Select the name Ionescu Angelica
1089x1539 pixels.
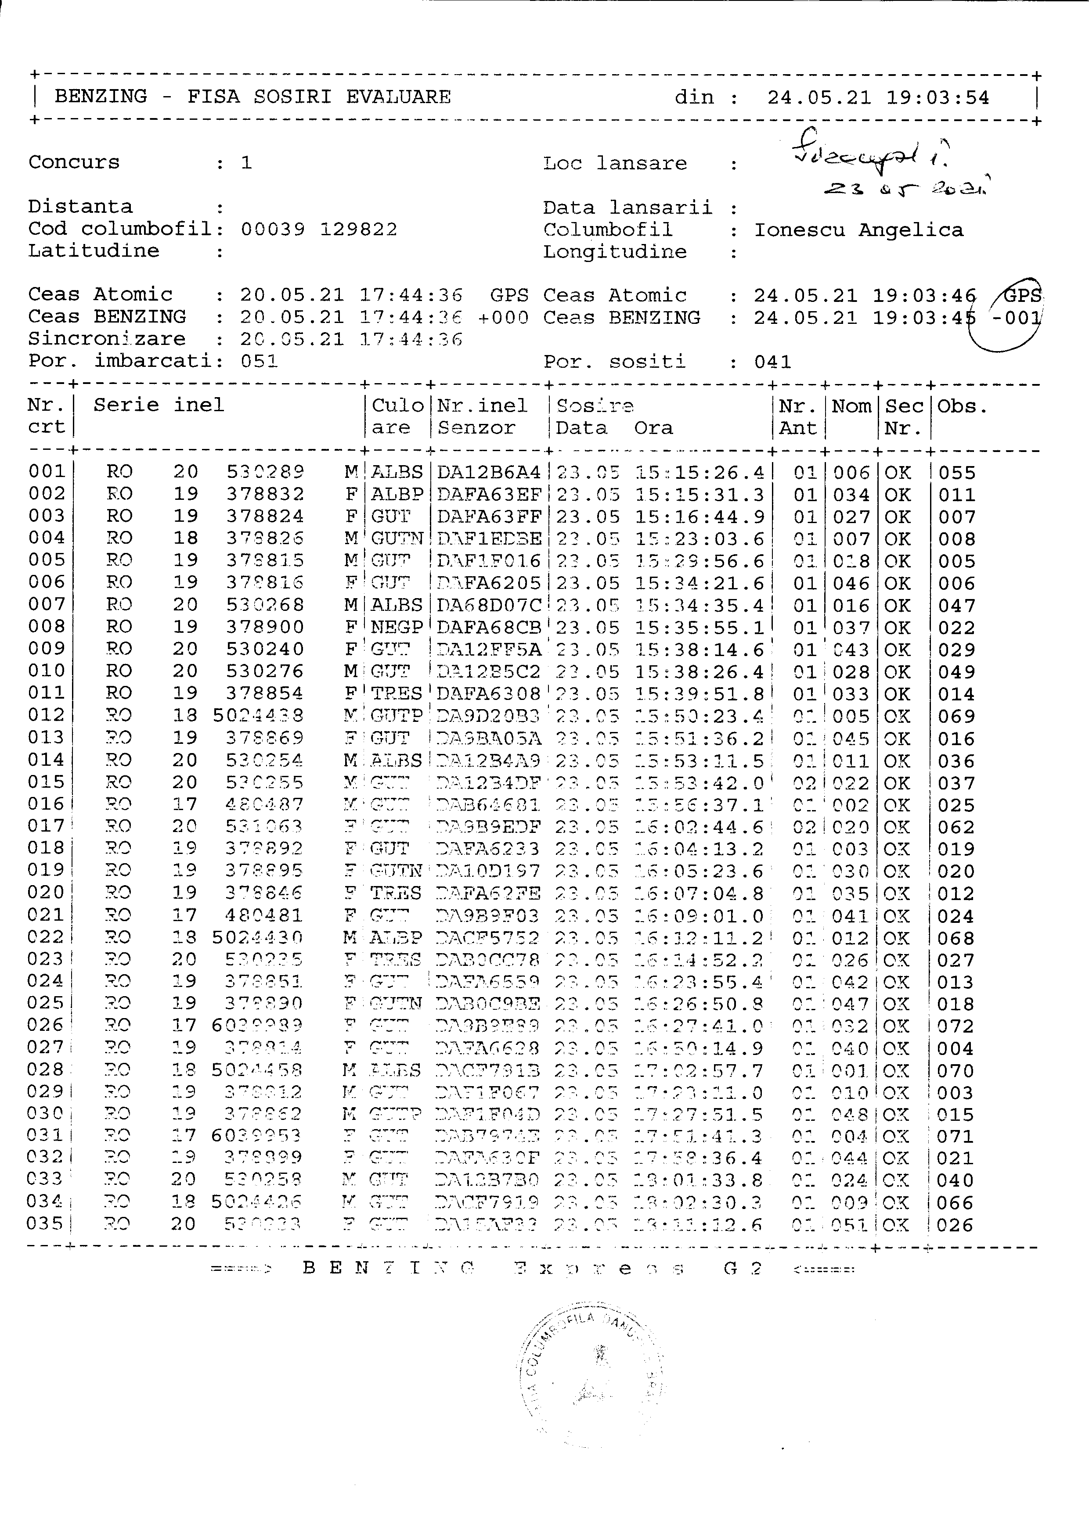click(x=858, y=230)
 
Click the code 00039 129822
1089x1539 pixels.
click(x=318, y=230)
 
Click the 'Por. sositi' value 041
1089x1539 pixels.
click(x=772, y=362)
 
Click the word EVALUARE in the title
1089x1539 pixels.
click(x=398, y=97)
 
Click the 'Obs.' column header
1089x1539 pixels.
click(x=962, y=407)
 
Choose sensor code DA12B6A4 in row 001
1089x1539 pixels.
click(x=488, y=473)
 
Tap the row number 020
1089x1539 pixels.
click(x=46, y=893)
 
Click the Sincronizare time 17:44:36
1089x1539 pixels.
click(x=411, y=340)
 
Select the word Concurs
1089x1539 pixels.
click(x=74, y=162)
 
